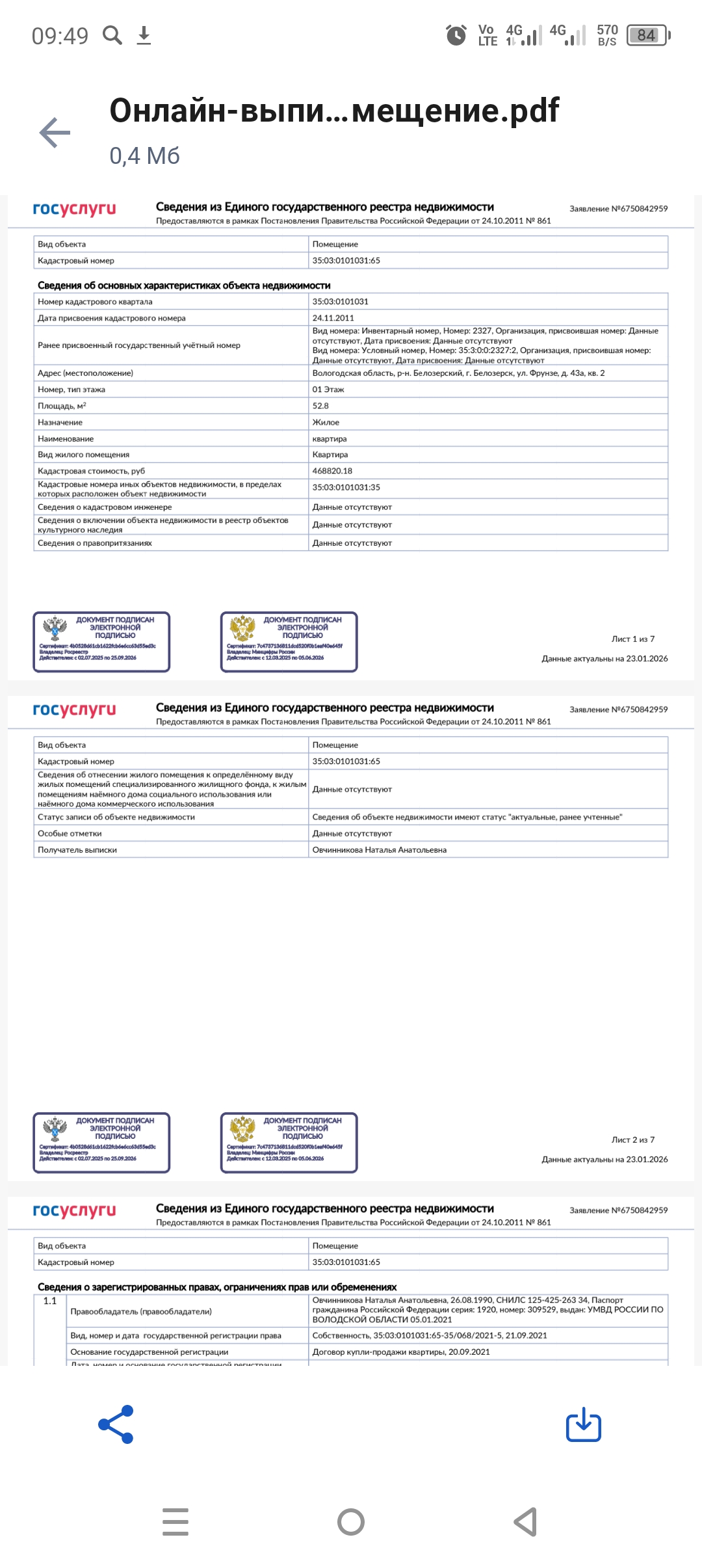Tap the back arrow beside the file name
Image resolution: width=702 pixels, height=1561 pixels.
[x=55, y=133]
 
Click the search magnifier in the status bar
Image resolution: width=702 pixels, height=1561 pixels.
[x=112, y=35]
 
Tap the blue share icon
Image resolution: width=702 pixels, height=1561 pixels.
[x=116, y=1424]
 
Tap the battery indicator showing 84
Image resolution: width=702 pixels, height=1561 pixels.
[x=647, y=35]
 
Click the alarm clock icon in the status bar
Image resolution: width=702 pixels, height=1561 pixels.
[x=456, y=35]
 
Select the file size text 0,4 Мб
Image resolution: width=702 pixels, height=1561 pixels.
[x=144, y=156]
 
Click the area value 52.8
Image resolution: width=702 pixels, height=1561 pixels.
[x=320, y=406]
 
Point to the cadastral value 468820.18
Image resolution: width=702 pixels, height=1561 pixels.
[x=332, y=471]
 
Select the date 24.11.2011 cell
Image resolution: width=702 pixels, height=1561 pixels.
[x=333, y=318]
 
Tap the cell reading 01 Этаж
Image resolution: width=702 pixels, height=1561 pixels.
[x=328, y=390]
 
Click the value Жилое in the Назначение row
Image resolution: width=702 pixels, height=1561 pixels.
[x=326, y=422]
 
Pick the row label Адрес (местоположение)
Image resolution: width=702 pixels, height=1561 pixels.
[x=85, y=373]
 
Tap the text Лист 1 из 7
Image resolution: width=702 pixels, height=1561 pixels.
[x=632, y=639]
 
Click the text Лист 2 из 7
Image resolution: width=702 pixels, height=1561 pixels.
[x=632, y=1140]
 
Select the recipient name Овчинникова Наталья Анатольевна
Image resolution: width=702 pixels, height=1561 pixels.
[x=379, y=850]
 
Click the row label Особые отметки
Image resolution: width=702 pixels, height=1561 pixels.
[x=70, y=834]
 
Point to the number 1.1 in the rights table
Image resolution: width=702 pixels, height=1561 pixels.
[x=50, y=1301]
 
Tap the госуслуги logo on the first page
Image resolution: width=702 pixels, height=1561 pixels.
[x=74, y=209]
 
